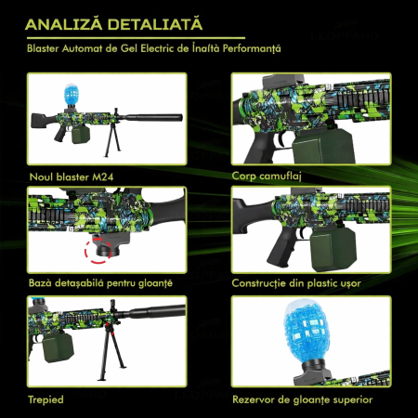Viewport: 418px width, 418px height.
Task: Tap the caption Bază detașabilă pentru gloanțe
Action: (x=100, y=282)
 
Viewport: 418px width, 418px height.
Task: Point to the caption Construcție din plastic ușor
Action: (x=296, y=282)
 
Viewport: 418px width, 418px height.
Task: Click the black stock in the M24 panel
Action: (x=46, y=122)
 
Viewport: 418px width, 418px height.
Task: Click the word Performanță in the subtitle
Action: (x=253, y=46)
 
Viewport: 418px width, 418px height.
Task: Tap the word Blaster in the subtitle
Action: (x=43, y=46)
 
